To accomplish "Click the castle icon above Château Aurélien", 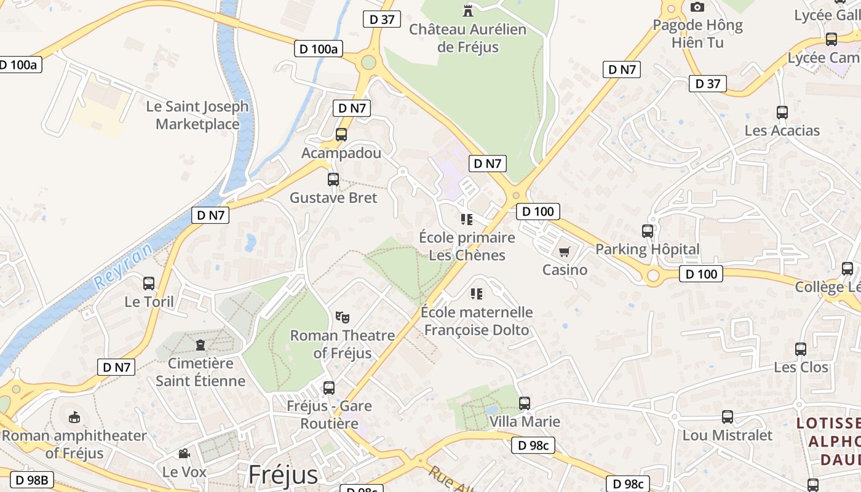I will click(x=468, y=10).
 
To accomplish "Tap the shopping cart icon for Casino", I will click(x=565, y=252).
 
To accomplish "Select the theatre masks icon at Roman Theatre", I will click(x=343, y=317).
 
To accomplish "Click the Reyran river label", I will click(x=123, y=266).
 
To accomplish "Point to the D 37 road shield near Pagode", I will click(x=707, y=84).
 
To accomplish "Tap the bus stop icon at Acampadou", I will click(x=341, y=135).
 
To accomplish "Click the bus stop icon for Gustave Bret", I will click(x=333, y=180).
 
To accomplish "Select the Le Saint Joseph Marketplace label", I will click(x=197, y=115).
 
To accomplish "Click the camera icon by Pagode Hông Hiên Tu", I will click(x=697, y=7).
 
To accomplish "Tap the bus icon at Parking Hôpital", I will click(x=648, y=231).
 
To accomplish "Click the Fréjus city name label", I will click(x=283, y=475).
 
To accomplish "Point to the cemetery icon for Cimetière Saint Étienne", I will click(x=200, y=345).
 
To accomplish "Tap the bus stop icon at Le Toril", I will click(x=149, y=284).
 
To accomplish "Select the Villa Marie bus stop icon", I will click(x=525, y=403).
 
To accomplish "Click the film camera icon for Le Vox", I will click(x=184, y=454).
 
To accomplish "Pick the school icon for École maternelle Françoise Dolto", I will click(x=477, y=294).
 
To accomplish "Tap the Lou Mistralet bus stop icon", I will click(x=728, y=417).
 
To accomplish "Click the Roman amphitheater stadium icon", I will click(x=74, y=418).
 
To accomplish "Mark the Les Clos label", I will click(x=801, y=367).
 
